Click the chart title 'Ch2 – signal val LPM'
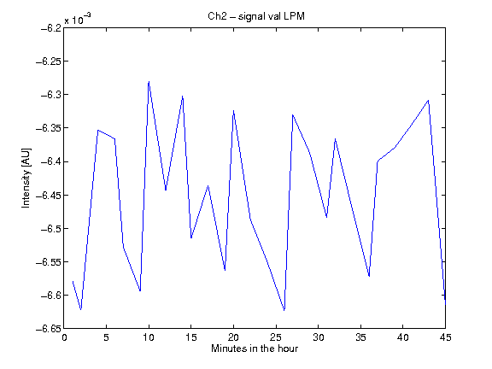(256, 16)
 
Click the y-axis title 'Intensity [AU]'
(26, 178)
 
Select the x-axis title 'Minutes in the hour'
(255, 348)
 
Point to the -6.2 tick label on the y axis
(51, 28)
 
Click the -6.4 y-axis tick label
(51, 161)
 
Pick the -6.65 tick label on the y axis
(49, 329)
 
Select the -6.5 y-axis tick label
(51, 228)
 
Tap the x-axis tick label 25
(276, 337)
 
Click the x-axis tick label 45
(445, 337)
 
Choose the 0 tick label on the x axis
(64, 337)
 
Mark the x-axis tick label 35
(360, 337)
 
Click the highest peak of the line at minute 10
(149, 82)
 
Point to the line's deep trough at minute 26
(284, 310)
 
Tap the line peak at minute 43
(428, 101)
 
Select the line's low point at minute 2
(81, 309)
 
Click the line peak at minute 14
(183, 97)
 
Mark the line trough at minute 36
(369, 276)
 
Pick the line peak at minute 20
(233, 110)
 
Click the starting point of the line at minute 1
(73, 281)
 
